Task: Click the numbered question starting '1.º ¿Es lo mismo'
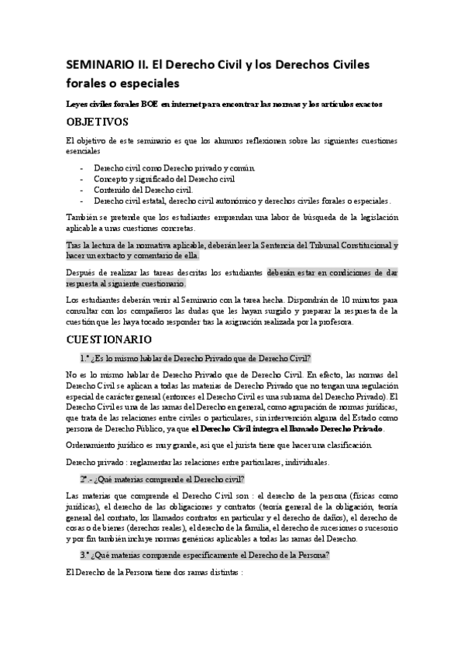(x=194, y=358)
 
